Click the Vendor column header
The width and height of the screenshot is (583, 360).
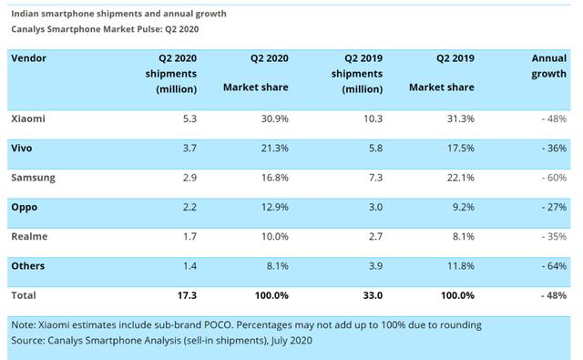28,58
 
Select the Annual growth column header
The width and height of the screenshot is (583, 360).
548,66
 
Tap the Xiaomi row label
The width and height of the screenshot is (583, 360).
28,118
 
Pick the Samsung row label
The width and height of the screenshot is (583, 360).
33,178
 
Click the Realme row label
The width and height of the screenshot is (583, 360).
29,237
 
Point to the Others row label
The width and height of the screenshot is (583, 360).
28,266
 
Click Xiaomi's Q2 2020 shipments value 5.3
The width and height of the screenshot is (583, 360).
189,118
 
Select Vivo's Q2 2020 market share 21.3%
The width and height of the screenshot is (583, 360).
275,148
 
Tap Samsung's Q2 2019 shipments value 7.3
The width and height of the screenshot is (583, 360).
375,178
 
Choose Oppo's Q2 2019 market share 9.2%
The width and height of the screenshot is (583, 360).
464,207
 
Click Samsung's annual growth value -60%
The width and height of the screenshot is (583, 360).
554,178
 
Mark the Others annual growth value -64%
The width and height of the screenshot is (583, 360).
554,266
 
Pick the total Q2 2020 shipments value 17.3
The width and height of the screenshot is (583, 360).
187,295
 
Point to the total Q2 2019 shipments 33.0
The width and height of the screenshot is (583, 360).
373,295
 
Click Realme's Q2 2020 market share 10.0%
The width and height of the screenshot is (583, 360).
275,237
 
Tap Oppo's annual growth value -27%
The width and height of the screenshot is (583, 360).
554,207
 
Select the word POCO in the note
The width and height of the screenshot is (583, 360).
219,325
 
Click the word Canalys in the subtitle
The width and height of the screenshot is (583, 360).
27,29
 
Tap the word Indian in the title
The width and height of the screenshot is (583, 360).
25,14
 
